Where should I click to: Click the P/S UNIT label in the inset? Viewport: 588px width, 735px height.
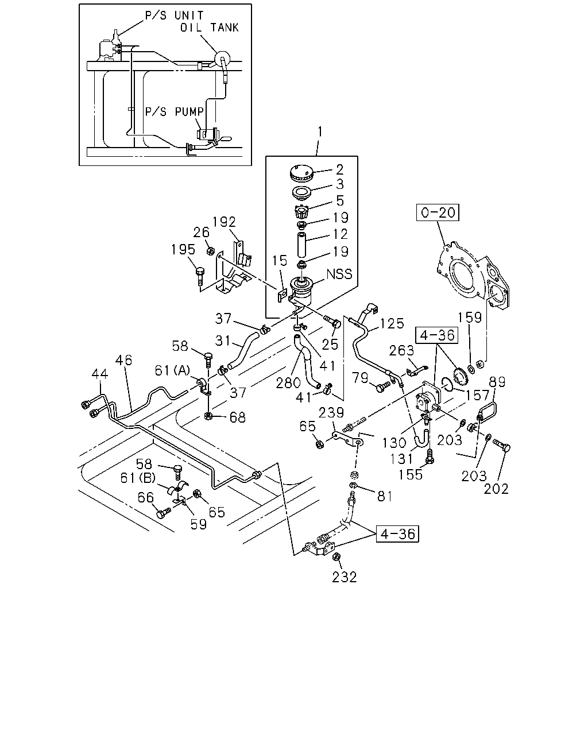tap(174, 16)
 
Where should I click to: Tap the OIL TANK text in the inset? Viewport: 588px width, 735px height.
tap(210, 28)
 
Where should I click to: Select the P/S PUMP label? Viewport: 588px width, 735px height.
tap(174, 111)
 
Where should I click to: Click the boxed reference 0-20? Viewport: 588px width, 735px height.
tap(438, 212)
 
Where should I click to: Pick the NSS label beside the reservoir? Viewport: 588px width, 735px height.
tap(339, 274)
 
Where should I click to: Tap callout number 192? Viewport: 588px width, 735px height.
tap(224, 222)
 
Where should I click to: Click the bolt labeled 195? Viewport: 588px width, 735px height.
tap(200, 276)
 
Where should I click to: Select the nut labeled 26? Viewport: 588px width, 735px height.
tap(211, 252)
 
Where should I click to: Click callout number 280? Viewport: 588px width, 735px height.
tap(288, 383)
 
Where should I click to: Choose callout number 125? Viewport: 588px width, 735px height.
tap(392, 323)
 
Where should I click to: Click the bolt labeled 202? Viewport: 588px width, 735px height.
tap(501, 446)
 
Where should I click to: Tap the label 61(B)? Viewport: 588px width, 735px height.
tap(138, 478)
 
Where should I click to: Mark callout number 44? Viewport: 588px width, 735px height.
tap(100, 374)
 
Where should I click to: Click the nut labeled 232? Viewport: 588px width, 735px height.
tap(335, 556)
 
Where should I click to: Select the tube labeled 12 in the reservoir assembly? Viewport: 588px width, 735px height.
tap(301, 245)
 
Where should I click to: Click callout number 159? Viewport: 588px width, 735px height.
tap(470, 318)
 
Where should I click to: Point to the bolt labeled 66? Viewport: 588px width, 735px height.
tap(164, 512)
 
